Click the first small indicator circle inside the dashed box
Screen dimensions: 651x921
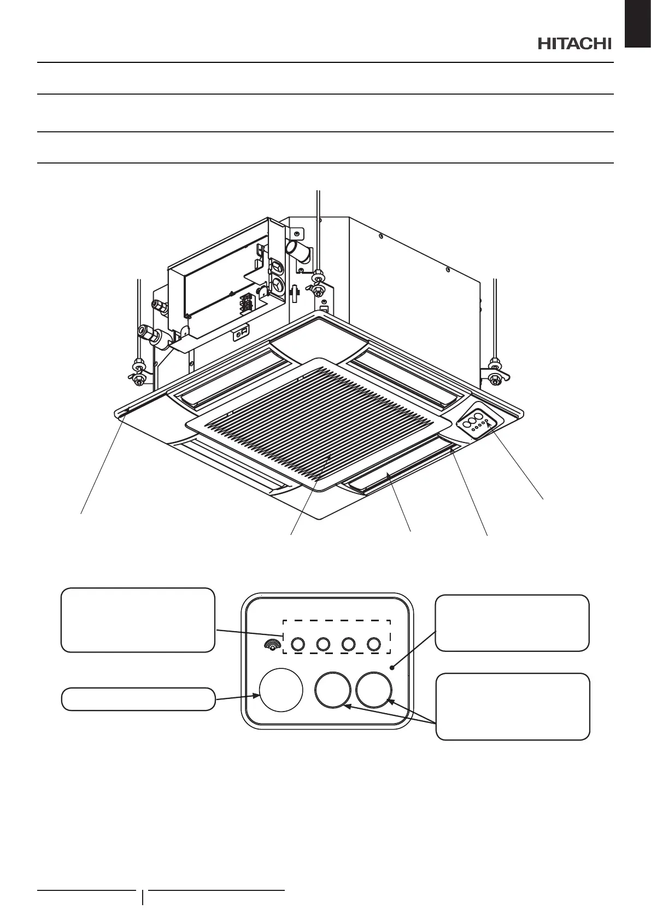297,645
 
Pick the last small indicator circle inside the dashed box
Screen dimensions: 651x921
374,645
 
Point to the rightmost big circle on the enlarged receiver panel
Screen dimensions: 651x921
374,690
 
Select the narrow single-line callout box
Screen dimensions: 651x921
137,699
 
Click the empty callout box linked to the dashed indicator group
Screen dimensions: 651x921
137,620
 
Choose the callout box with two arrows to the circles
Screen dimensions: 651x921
513,707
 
